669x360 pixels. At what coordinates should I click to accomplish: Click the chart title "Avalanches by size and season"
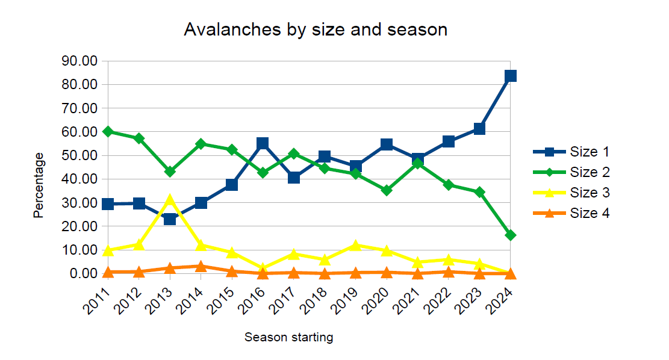coord(316,29)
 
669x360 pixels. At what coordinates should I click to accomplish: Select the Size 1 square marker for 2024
coord(511,76)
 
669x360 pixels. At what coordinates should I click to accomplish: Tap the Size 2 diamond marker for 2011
coord(108,131)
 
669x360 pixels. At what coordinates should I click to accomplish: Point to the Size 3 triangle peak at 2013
coord(170,199)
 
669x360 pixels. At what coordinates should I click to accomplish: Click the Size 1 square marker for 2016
coord(263,143)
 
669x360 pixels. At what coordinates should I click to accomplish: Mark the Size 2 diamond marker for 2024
coord(511,235)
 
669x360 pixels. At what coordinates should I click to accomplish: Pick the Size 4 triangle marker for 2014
coord(201,266)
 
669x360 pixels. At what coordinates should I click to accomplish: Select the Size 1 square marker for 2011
coord(108,204)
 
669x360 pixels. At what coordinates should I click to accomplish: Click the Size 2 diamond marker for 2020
coord(387,190)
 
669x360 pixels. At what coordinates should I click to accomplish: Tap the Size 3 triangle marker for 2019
coord(356,245)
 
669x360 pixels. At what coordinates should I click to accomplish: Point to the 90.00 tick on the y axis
coord(80,61)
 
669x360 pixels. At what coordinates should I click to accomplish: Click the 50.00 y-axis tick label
coord(80,155)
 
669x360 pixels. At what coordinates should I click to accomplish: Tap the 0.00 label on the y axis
coord(83,273)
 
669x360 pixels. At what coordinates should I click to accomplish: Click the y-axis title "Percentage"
coord(39,185)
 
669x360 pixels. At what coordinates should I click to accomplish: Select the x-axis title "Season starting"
coord(288,337)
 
